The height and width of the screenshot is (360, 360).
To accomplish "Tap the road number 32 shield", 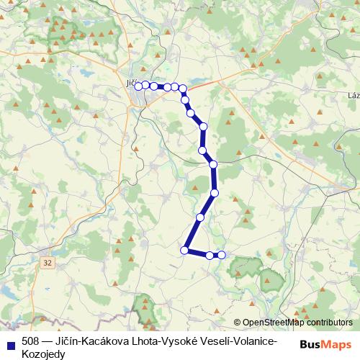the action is click(48, 264).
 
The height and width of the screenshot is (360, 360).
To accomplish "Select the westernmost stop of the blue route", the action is click(138, 86).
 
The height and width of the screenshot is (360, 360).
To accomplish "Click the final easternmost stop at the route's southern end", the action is click(222, 255).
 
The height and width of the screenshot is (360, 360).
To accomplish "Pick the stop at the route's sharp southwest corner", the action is click(184, 250).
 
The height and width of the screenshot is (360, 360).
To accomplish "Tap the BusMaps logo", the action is click(325, 344).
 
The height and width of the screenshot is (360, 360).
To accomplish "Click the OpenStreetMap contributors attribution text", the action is click(297, 323).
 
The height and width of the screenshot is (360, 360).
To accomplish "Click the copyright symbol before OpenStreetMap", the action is click(238, 323).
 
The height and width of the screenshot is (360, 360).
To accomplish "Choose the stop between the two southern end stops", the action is click(210, 255).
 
